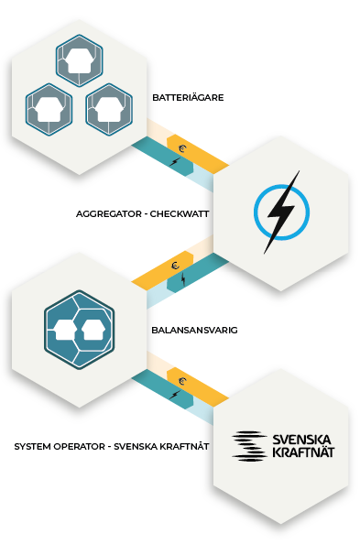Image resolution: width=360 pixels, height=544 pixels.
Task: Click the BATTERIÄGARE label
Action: click(x=188, y=97)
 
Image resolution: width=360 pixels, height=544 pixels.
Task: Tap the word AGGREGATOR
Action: click(x=109, y=213)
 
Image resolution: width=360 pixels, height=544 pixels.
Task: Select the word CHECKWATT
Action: click(x=180, y=213)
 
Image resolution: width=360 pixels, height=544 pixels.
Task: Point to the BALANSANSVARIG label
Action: click(x=194, y=330)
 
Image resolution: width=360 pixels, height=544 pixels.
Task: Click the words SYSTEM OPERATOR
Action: click(x=60, y=447)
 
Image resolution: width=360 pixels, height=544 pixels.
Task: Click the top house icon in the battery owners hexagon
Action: click(x=80, y=60)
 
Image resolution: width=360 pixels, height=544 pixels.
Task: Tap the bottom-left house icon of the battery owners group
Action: click(x=49, y=109)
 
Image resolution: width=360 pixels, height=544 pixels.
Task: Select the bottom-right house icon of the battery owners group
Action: click(x=109, y=109)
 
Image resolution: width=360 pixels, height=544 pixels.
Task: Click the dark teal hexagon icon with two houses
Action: click(x=79, y=330)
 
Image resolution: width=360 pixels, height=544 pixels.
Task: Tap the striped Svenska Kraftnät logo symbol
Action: click(x=249, y=446)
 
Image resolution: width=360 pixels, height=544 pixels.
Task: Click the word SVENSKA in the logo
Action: click(x=301, y=440)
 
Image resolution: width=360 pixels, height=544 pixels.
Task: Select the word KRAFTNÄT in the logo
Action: click(x=303, y=452)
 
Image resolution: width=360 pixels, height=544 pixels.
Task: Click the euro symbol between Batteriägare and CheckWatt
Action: click(x=182, y=149)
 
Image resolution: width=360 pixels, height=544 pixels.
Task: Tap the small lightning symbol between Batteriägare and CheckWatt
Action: click(x=175, y=161)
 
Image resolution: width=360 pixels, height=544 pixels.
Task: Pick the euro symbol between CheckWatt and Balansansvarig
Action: click(x=176, y=266)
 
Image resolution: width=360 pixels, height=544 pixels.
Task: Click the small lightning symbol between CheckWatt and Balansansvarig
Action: click(x=183, y=279)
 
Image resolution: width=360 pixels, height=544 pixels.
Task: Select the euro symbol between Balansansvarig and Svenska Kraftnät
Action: click(x=182, y=382)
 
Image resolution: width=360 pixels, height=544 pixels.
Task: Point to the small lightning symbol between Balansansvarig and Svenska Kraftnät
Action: click(x=175, y=395)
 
